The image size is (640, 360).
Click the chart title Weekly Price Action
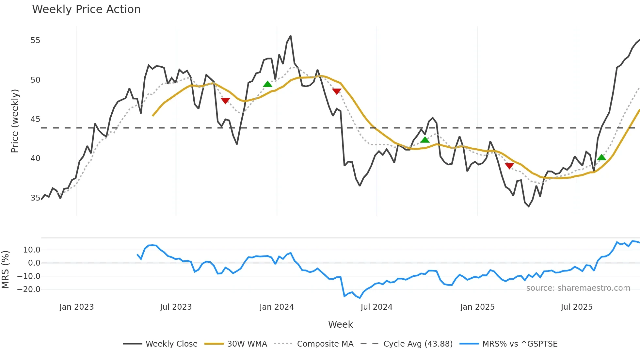click(x=86, y=9)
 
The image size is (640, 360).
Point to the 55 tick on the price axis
click(x=35, y=41)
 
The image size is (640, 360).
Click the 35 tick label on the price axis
click(x=35, y=198)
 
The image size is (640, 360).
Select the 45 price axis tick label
click(x=35, y=119)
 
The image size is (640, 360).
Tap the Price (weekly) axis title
click(x=15, y=121)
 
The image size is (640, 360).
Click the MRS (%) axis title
click(x=5, y=270)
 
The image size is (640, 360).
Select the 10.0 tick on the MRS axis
click(x=32, y=250)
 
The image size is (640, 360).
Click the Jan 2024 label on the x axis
click(x=277, y=307)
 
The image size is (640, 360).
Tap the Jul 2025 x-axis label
click(x=576, y=307)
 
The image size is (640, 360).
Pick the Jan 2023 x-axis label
click(x=76, y=307)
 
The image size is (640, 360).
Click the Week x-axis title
click(x=340, y=324)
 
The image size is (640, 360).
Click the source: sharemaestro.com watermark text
click(x=578, y=288)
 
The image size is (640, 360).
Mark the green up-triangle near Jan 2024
click(x=267, y=84)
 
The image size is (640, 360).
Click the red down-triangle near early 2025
click(x=509, y=166)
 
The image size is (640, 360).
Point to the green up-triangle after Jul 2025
click(x=601, y=157)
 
